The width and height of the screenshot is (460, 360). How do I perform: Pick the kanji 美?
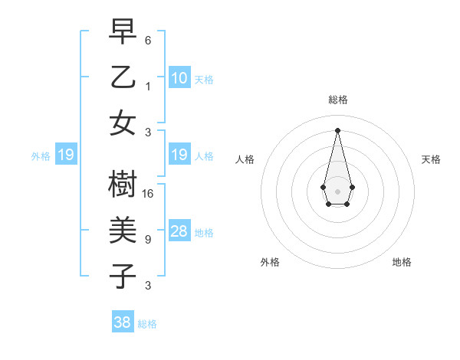tap(123, 230)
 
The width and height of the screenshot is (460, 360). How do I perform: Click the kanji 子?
tap(123, 276)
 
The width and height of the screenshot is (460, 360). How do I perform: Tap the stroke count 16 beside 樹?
tap(149, 194)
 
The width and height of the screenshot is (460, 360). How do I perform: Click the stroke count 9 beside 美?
tap(148, 240)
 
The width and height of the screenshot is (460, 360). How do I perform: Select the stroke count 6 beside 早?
tap(148, 40)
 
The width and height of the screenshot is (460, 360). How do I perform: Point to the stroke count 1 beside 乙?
tap(148, 86)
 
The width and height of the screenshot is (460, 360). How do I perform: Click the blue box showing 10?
tap(179, 77)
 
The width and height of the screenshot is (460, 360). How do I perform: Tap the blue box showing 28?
tap(179, 231)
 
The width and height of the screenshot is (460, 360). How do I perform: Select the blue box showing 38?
tap(123, 322)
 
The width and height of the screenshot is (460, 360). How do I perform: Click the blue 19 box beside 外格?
tap(66, 155)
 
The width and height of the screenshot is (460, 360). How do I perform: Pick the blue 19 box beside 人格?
tap(179, 155)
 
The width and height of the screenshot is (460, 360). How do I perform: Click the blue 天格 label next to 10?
tap(204, 80)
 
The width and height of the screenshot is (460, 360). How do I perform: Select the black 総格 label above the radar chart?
tap(337, 100)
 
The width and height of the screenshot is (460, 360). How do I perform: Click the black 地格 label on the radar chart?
tap(402, 262)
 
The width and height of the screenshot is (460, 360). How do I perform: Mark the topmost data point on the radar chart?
tap(337, 129)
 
